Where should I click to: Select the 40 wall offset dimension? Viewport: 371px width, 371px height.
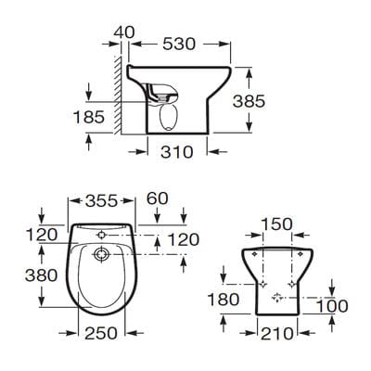click(122, 32)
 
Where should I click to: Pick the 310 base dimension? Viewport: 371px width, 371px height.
click(176, 151)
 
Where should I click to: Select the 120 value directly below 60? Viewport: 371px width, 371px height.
click(182, 238)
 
